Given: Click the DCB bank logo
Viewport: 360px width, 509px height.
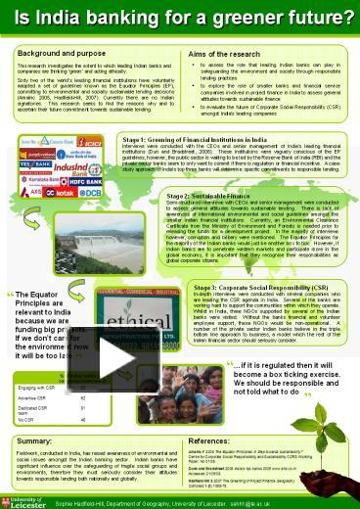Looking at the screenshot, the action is (x=89, y=193).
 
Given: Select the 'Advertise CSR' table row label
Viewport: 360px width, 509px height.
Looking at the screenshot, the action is (x=35, y=399).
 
